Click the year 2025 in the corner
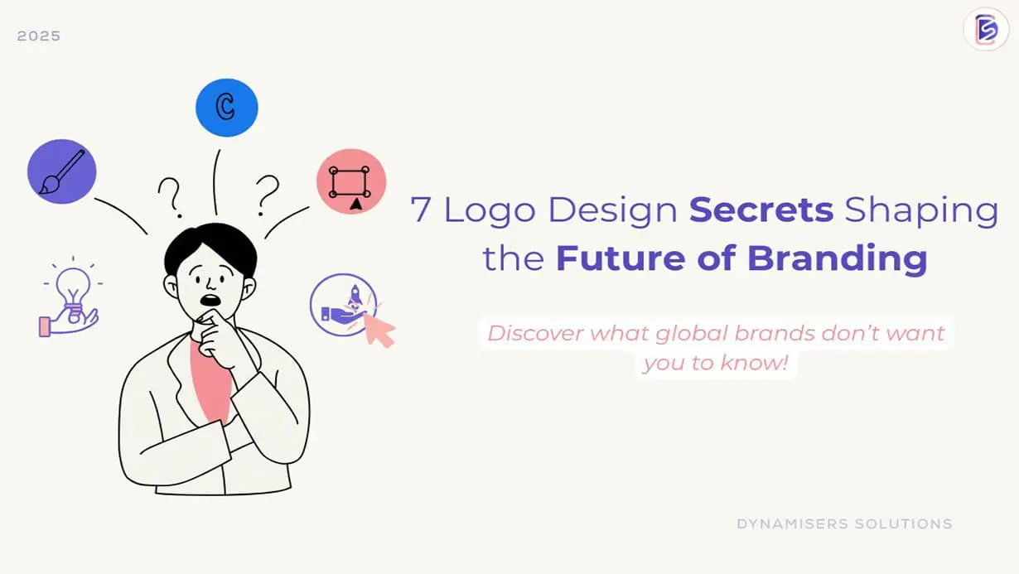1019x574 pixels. [39, 36]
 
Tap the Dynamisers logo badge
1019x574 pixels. [986, 29]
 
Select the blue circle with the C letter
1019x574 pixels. [226, 108]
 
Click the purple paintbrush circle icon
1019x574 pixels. [62, 171]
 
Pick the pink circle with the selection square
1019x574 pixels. [351, 181]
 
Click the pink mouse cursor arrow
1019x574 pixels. [379, 330]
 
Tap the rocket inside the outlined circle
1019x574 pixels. [355, 295]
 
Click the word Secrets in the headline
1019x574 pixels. [761, 210]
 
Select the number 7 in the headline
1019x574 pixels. [420, 210]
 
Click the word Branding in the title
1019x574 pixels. [838, 258]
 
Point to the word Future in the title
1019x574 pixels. [621, 258]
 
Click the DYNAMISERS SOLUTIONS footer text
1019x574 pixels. [844, 524]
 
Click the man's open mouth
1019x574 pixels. [210, 300]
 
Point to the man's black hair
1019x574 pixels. [210, 248]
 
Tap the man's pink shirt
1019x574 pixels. [211, 382]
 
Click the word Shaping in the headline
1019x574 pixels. [921, 211]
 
